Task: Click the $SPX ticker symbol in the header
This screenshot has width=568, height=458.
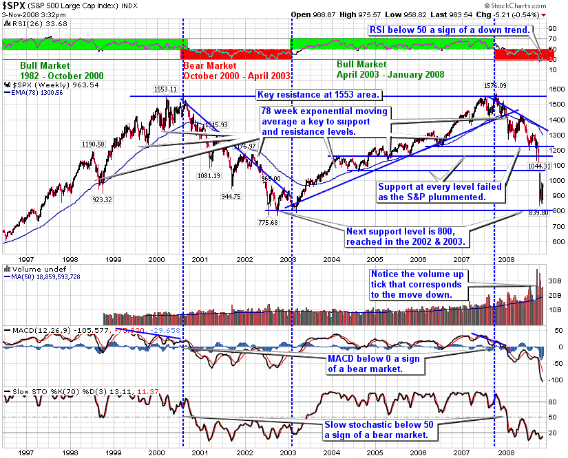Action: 17,6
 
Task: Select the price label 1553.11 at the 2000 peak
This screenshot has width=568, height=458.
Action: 165,89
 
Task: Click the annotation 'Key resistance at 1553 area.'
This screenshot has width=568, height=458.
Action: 319,94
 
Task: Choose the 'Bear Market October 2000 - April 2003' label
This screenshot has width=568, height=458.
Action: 236,71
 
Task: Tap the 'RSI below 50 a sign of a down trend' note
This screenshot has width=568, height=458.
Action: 448,30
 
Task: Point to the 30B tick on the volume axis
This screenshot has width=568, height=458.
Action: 553,281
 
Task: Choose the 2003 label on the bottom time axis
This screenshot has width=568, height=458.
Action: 289,452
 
